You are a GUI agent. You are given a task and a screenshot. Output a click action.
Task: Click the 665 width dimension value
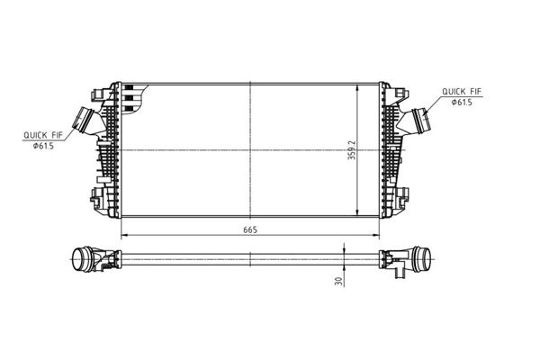[250, 229]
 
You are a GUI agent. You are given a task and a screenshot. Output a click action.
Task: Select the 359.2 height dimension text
[352, 149]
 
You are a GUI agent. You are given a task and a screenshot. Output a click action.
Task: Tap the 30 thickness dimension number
[339, 281]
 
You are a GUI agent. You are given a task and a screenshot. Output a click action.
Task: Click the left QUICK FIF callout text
[43, 135]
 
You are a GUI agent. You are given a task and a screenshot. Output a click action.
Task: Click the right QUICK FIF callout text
[462, 92]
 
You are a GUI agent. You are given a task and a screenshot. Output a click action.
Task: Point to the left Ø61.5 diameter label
[43, 146]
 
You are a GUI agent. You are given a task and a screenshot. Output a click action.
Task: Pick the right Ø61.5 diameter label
[462, 103]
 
